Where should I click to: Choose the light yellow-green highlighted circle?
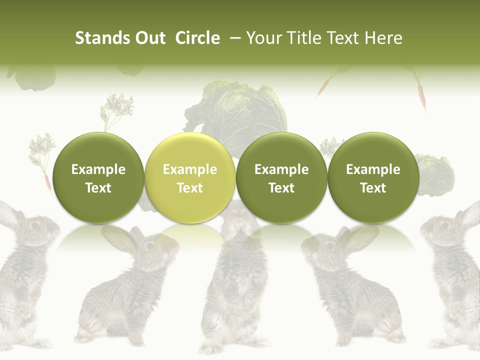(x=190, y=178)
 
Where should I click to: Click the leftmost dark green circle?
(x=98, y=178)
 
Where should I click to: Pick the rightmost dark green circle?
(x=373, y=178)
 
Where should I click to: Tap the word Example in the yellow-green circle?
(x=190, y=169)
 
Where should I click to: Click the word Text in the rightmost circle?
(x=373, y=188)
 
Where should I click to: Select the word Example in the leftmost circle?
(x=98, y=169)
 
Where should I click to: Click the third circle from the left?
(x=281, y=178)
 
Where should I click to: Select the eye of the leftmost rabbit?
(x=35, y=224)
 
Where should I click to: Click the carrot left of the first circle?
(x=48, y=182)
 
